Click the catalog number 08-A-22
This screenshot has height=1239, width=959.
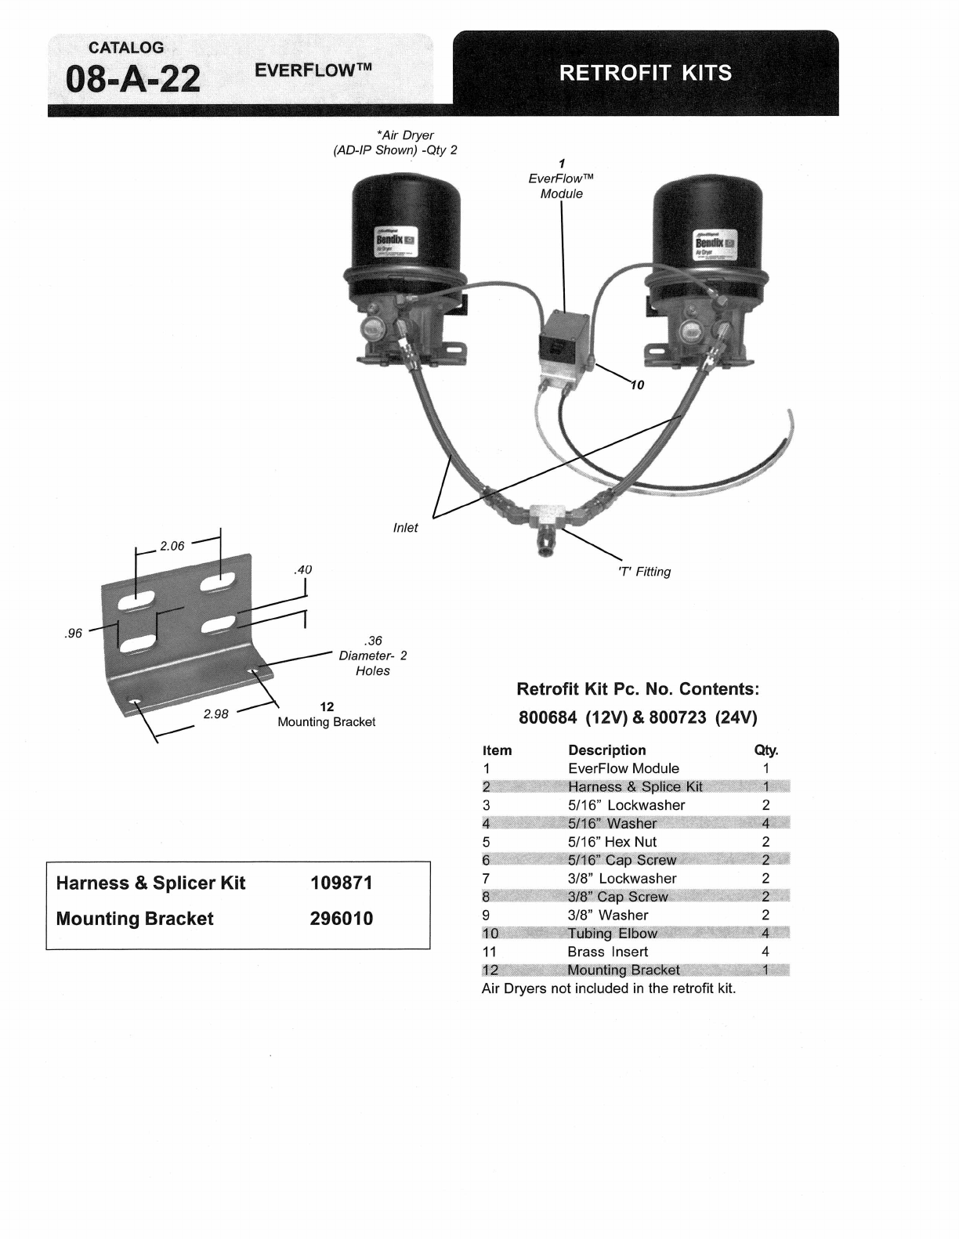(133, 80)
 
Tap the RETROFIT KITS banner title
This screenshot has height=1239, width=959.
(646, 73)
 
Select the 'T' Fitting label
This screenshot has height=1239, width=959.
(645, 572)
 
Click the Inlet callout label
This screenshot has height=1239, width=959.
(405, 528)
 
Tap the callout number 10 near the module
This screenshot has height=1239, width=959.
(637, 385)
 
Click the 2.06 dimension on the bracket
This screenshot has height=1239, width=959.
(172, 546)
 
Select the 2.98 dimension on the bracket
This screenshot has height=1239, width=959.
(215, 713)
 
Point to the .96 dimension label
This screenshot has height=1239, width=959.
(73, 634)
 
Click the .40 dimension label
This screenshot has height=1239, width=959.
(302, 569)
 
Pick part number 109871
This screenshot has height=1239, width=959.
(341, 883)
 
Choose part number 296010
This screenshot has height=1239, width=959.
(341, 919)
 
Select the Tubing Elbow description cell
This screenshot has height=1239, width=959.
(613, 934)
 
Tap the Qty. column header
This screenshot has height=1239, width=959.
(765, 750)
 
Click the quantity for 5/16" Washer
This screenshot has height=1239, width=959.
(765, 823)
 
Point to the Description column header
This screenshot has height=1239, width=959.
(607, 750)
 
